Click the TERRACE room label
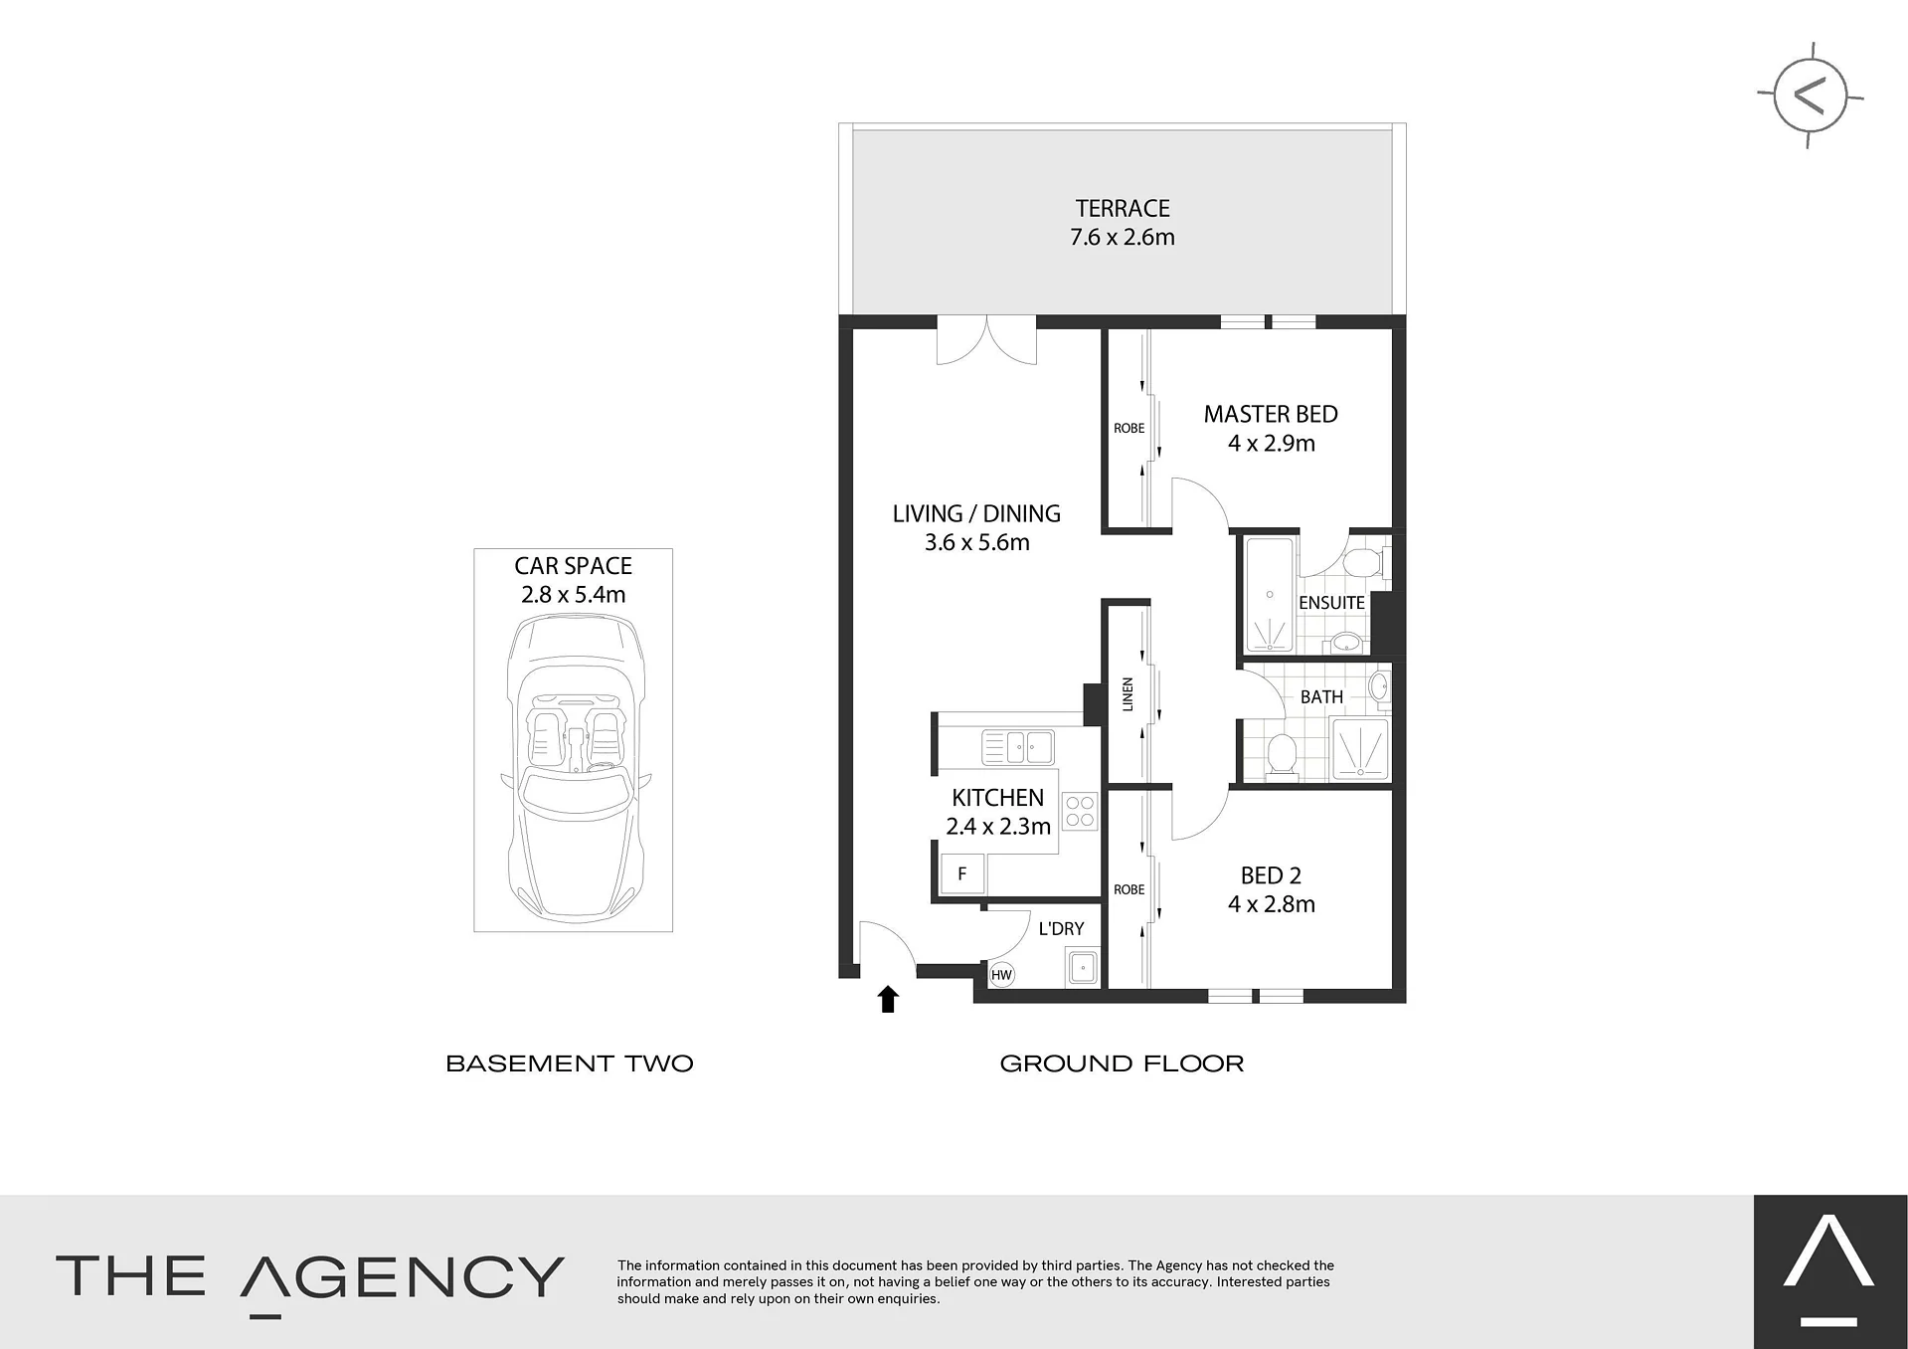(1123, 209)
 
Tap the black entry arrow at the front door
(888, 999)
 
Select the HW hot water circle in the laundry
(1001, 975)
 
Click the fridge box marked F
(962, 874)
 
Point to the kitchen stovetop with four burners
(1080, 811)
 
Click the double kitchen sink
(1017, 746)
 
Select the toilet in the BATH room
(1282, 755)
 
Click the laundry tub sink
(1082, 967)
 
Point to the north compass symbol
(1810, 96)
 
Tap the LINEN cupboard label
(1127, 694)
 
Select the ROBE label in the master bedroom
(1128, 429)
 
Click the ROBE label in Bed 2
(1128, 890)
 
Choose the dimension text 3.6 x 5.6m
(977, 543)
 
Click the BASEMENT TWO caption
(570, 1063)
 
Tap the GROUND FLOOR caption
(1122, 1063)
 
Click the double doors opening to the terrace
(986, 340)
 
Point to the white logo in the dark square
(1829, 1273)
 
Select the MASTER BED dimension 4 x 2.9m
(1272, 444)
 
